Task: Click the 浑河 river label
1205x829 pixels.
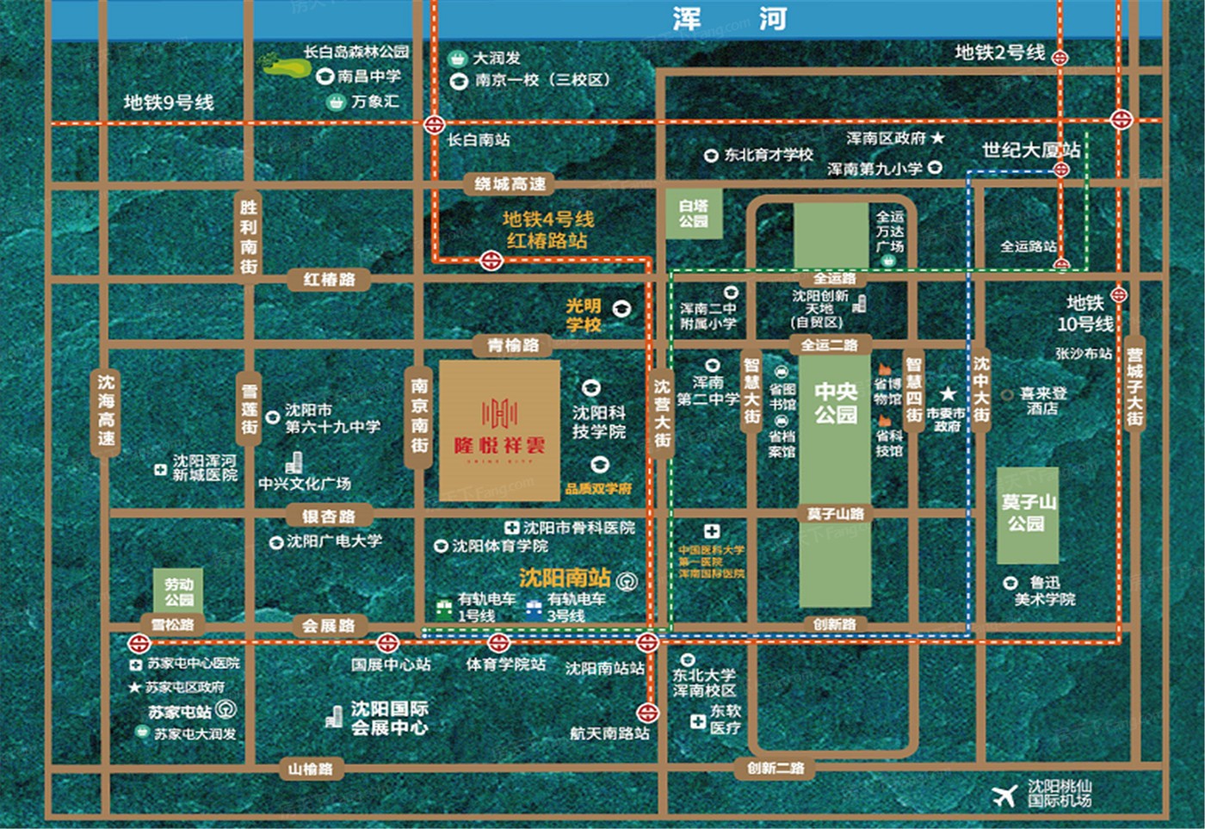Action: (x=729, y=19)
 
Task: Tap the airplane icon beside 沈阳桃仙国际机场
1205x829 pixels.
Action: (x=1004, y=795)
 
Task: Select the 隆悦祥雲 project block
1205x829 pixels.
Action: (x=499, y=430)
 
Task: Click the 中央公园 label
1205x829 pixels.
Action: (x=836, y=404)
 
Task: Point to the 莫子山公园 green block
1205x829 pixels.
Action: (x=1027, y=514)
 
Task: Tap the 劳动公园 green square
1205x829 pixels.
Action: (x=179, y=591)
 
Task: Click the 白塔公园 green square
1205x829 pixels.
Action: (x=694, y=213)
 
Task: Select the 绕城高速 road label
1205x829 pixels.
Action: (x=510, y=183)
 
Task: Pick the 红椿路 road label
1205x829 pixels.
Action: (x=330, y=279)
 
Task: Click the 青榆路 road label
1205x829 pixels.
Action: (x=513, y=345)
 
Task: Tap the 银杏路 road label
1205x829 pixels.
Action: (x=329, y=516)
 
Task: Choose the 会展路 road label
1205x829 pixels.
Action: (x=329, y=626)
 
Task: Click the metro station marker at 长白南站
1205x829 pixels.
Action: (x=435, y=124)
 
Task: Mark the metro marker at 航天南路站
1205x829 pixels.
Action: (x=647, y=713)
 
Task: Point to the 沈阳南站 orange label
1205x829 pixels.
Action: (x=565, y=578)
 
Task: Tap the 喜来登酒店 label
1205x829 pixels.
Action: (x=1043, y=400)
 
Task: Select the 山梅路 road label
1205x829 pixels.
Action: (x=311, y=769)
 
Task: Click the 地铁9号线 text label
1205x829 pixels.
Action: (x=169, y=102)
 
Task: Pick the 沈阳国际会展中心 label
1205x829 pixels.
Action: (x=389, y=718)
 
